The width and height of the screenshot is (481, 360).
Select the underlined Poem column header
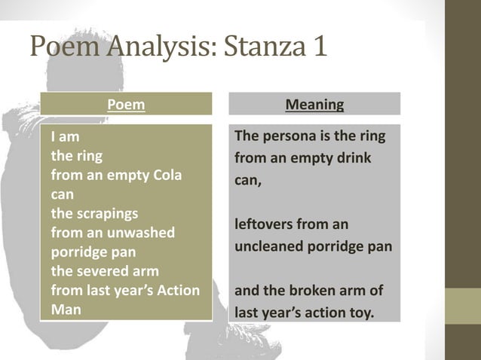[x=126, y=105]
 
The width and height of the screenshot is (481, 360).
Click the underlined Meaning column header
[x=314, y=105]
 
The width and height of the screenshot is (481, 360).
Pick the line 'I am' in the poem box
[x=65, y=139]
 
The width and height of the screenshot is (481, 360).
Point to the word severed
[x=103, y=270]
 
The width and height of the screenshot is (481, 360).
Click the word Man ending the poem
[x=66, y=308]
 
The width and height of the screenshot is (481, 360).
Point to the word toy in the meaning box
[x=360, y=312]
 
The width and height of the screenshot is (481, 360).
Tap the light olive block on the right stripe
[x=462, y=306]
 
